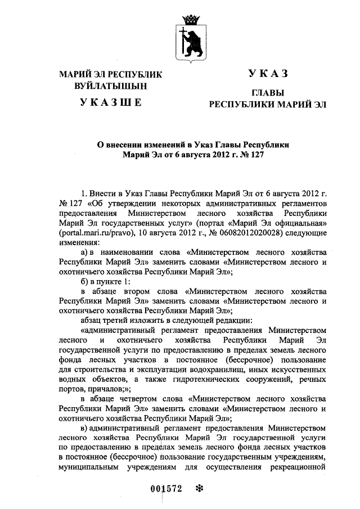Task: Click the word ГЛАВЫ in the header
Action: point(268,92)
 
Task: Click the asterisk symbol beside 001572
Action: point(198,488)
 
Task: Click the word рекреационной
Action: point(299,466)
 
